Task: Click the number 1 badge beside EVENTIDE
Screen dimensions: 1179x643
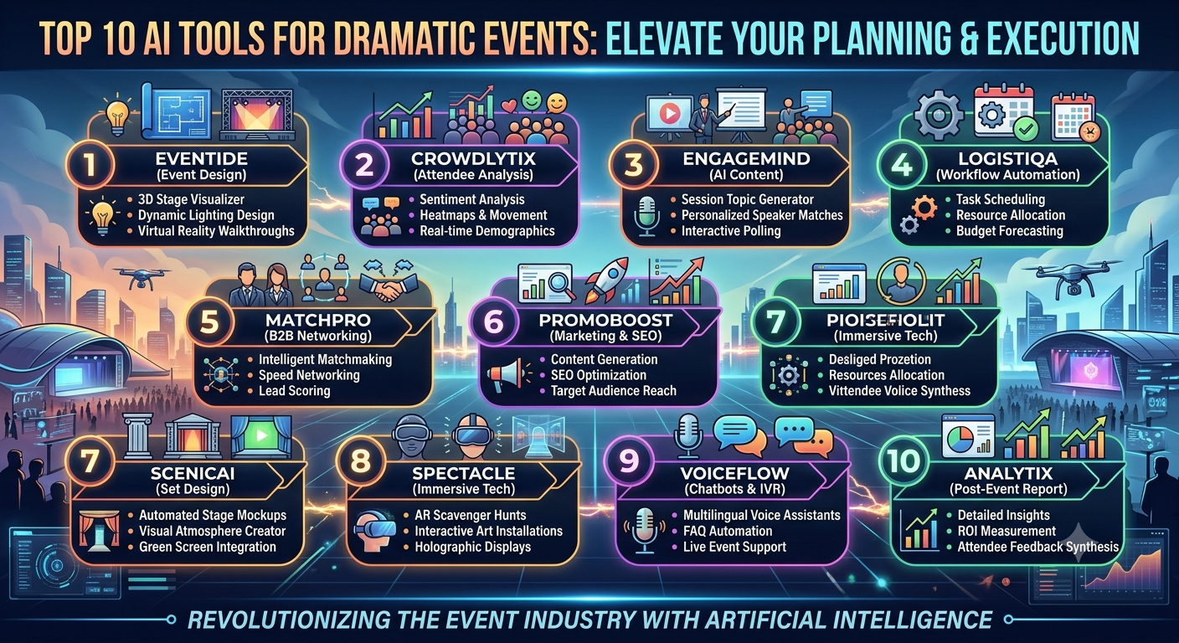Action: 90,164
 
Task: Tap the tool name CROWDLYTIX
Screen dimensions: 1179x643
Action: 473,158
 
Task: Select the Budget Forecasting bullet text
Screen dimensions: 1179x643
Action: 1010,231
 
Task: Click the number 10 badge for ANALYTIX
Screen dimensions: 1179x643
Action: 904,461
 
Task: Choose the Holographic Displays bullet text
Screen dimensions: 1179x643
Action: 472,547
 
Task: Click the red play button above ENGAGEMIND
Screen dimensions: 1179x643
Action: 670,112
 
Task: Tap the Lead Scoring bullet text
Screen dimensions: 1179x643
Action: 294,390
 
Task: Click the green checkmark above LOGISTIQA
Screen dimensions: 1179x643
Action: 1025,129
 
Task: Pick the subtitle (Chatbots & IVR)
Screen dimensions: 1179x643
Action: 734,489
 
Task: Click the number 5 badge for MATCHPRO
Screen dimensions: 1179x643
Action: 209,321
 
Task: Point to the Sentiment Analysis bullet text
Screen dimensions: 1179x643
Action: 472,199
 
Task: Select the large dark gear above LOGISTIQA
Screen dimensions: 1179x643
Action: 939,114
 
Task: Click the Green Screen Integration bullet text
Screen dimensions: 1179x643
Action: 208,547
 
